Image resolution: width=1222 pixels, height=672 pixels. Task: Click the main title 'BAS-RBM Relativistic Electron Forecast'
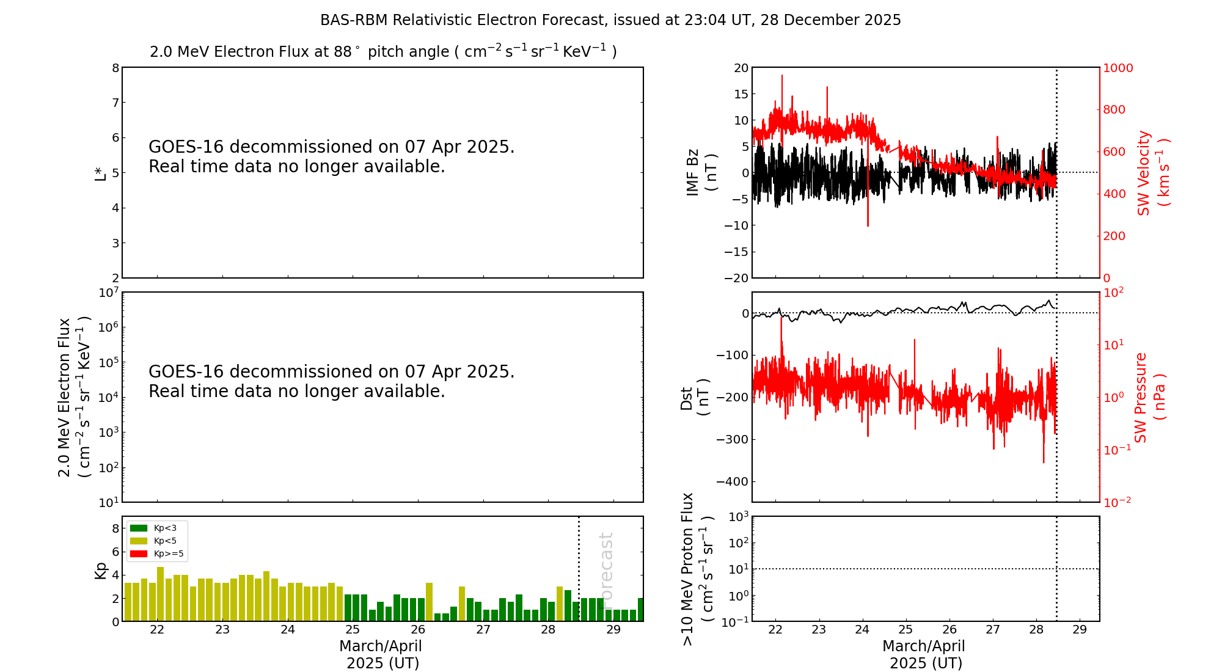point(463,20)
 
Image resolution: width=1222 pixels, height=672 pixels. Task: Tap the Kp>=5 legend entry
point(156,554)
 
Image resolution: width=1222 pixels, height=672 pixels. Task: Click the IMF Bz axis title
point(701,172)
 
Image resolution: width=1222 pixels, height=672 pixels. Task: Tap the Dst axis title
point(695,398)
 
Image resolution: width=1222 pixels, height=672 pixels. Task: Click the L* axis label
point(100,173)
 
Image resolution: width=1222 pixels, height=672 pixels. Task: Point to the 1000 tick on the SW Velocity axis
point(1118,68)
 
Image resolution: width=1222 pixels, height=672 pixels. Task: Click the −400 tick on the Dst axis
point(732,481)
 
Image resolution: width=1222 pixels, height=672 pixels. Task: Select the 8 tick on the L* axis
point(115,68)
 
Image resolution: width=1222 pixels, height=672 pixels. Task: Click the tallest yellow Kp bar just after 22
point(160,594)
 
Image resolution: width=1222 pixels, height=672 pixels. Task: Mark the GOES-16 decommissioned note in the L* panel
point(332,156)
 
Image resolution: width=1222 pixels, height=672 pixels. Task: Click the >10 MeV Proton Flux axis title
point(697,569)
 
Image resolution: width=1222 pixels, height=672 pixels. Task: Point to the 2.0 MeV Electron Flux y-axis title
point(75,398)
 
